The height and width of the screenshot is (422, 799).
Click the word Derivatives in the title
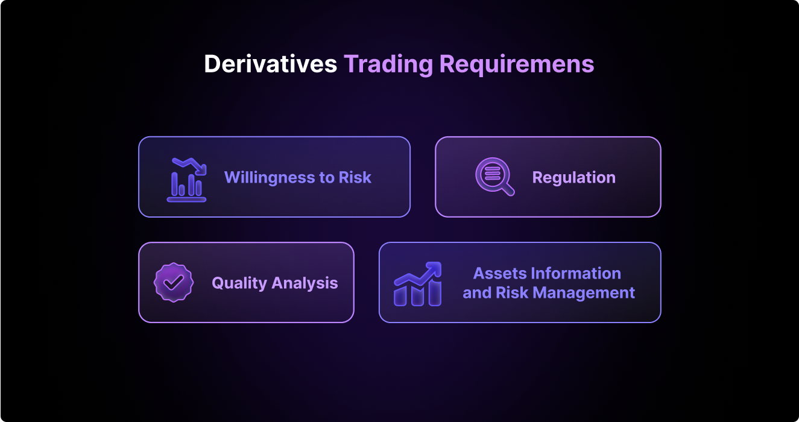point(270,65)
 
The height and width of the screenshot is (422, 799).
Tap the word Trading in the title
point(388,65)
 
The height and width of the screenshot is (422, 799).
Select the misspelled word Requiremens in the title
point(517,65)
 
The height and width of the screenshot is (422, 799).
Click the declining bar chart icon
point(186,180)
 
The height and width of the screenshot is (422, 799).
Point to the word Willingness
point(268,178)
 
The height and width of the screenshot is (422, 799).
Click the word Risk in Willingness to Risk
point(355,177)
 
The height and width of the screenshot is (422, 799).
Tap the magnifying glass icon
point(495,177)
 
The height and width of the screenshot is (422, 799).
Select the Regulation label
point(574,178)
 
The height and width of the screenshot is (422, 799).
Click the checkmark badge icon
point(174,283)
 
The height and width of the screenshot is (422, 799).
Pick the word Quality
point(239,283)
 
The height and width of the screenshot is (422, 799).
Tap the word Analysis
point(305,283)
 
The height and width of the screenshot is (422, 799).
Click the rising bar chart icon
point(418,284)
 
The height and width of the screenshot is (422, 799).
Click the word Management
point(584,293)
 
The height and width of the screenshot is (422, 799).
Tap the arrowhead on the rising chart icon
point(434,268)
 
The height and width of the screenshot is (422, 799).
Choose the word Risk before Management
point(512,293)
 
